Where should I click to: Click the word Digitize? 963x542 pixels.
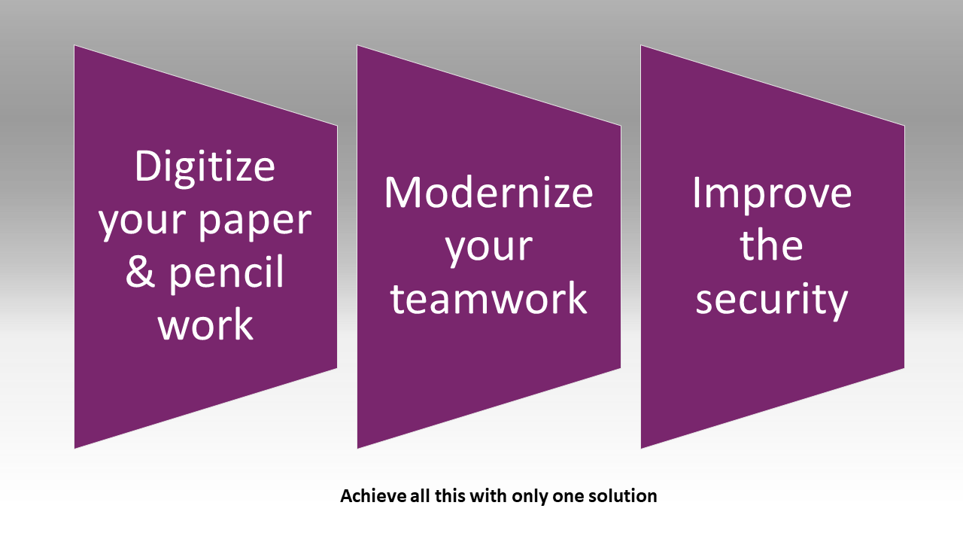[205, 167]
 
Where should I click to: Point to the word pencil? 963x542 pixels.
[226, 273]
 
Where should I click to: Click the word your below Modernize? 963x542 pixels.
[489, 248]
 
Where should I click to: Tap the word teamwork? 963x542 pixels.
[488, 298]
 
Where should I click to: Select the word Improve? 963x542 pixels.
[772, 195]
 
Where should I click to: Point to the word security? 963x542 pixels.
[772, 300]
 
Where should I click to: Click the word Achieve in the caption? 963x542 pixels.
[373, 496]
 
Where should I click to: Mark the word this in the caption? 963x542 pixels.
[450, 496]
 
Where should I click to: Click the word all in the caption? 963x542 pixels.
[420, 496]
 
